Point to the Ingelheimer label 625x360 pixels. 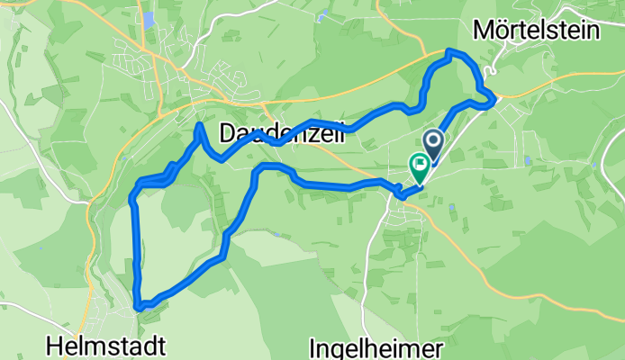pos(376,347)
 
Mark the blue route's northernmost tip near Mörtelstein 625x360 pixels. pos(450,52)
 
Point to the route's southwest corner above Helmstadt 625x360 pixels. pos(138,306)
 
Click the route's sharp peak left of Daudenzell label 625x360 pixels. pos(198,124)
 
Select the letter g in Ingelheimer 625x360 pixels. pos(339,350)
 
